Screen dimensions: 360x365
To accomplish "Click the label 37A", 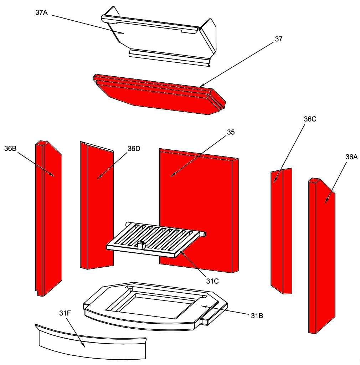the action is [x=41, y=12].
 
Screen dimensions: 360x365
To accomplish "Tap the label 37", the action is [x=278, y=39].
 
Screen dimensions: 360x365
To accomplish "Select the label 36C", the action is [x=310, y=119].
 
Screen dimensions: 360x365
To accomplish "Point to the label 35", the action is [x=231, y=132].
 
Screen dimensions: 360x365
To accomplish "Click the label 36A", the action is [x=351, y=157].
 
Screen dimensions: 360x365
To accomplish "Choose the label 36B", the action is [x=10, y=149].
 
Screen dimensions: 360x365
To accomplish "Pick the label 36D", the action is [x=134, y=149].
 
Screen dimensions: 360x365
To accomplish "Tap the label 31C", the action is [x=212, y=281].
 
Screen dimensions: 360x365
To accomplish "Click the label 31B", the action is [x=257, y=316].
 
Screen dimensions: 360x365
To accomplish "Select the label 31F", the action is [x=65, y=313].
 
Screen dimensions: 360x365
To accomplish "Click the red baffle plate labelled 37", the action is [x=159, y=94].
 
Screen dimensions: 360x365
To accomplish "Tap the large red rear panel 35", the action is [x=199, y=211].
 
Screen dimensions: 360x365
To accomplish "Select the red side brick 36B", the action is [x=48, y=219].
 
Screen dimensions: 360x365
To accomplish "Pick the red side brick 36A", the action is [x=322, y=256].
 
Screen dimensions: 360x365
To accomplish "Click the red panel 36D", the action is [x=97, y=205].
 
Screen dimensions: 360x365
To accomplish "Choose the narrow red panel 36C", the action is [x=281, y=231].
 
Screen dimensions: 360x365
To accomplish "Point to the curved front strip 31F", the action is [x=91, y=342].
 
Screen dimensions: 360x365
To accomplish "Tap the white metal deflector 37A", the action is [x=159, y=36].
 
